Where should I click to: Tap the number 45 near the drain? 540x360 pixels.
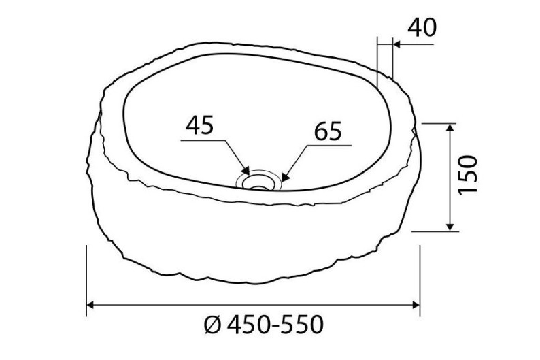click(199, 125)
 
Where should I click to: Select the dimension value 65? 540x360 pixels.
click(328, 131)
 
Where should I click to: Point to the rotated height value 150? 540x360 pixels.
click(469, 176)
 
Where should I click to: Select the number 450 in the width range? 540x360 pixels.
click(247, 325)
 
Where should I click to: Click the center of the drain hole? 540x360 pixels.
click(258, 180)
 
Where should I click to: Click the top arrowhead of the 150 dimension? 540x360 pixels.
click(450, 129)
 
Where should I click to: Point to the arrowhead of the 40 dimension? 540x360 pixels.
click(397, 44)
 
